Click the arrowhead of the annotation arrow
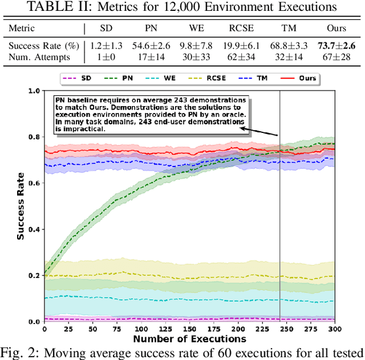tap(242, 128)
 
